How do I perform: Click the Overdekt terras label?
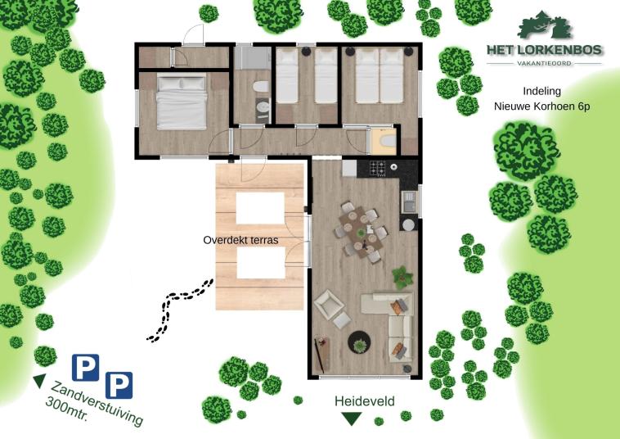(x=241, y=241)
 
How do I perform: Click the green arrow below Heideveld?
(x=352, y=419)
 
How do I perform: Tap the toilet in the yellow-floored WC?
(x=381, y=143)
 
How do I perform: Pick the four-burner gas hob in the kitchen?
(x=379, y=170)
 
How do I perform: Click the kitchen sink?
(x=408, y=198)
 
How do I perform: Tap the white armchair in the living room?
(x=331, y=308)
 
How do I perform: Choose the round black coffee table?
(x=359, y=342)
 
